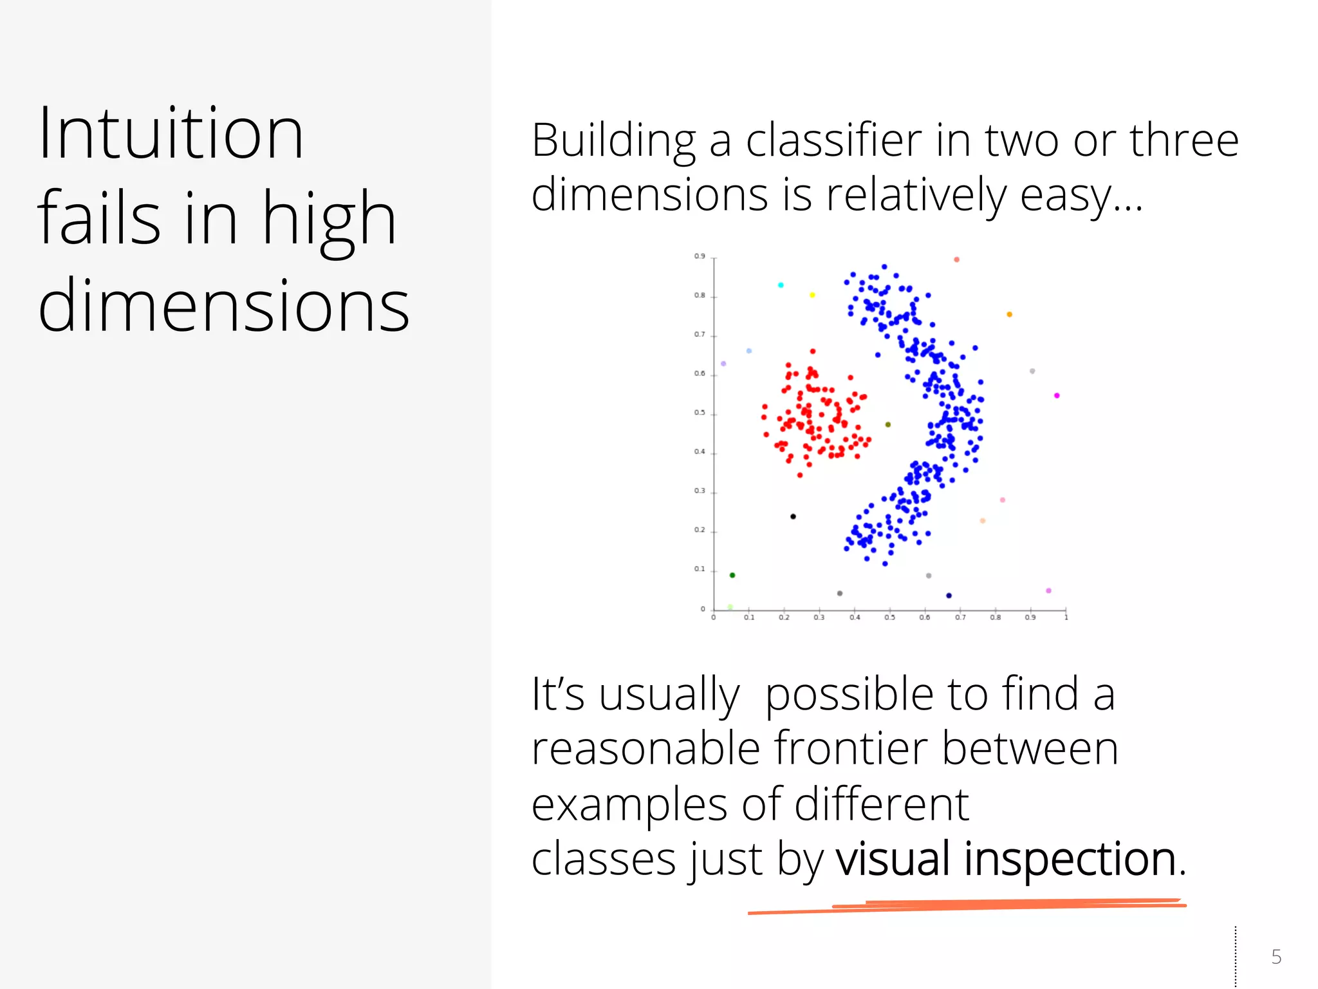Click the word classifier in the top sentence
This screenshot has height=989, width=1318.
(833, 140)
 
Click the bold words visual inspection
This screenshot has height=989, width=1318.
(1006, 859)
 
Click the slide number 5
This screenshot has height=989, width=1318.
(1276, 957)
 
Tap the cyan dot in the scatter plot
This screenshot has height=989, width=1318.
(781, 285)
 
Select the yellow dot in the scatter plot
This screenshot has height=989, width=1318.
(812, 295)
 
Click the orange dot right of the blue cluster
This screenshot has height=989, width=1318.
(1009, 314)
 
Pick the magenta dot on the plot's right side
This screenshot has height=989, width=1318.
(1057, 395)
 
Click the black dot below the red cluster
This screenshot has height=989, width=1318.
(793, 516)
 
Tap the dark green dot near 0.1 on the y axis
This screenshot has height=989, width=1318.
(732, 575)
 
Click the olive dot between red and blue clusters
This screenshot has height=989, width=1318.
(888, 424)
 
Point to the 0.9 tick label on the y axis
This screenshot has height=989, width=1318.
(700, 256)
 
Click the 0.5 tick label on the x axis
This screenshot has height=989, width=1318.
(889, 617)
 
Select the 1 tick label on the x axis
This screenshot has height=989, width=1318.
(1066, 617)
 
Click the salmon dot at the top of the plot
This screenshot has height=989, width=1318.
(956, 259)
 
